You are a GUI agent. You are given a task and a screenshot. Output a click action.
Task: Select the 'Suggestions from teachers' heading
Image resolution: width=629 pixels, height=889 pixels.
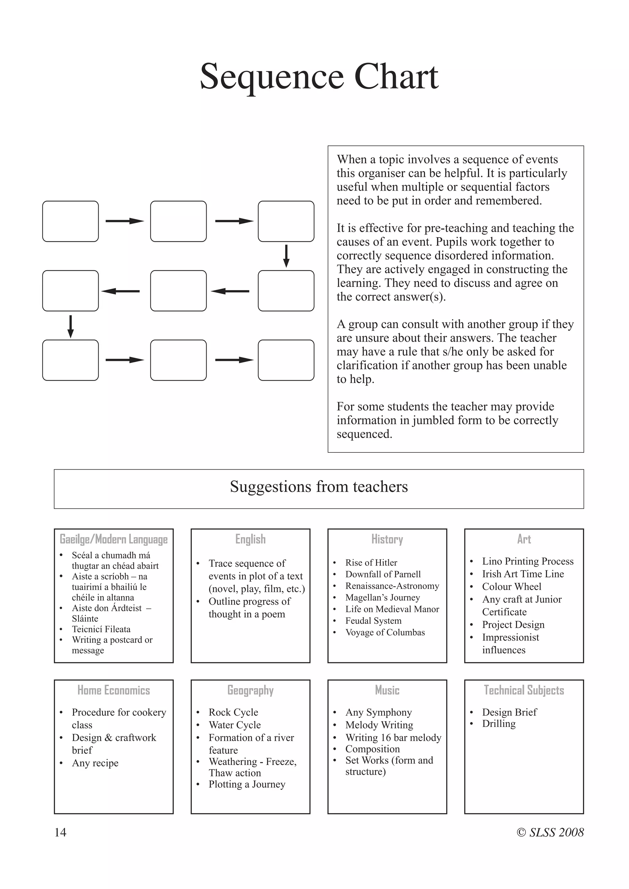[319, 487]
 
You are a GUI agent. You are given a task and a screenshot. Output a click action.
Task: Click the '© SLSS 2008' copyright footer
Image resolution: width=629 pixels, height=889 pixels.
[550, 832]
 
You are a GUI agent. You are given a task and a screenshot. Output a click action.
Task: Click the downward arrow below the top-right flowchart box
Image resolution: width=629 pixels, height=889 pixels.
[286, 256]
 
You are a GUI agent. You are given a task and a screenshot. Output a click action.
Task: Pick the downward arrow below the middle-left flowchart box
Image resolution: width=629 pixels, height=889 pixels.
[71, 326]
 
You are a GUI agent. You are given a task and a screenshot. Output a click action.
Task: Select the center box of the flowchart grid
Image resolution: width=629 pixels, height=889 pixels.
[178, 291]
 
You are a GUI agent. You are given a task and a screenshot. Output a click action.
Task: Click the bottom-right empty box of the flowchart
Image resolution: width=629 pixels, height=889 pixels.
[286, 360]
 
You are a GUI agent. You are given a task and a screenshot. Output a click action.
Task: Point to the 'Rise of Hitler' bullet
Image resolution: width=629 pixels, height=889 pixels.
[371, 563]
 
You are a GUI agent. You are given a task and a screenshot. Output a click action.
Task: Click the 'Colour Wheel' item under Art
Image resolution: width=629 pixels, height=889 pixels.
[511, 587]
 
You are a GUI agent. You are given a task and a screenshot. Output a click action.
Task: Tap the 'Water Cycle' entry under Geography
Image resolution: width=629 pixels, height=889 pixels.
[234, 725]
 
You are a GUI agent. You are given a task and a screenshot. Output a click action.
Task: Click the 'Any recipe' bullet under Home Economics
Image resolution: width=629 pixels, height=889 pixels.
[95, 763]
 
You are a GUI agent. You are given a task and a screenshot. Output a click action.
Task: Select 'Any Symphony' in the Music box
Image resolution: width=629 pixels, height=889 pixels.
[378, 712]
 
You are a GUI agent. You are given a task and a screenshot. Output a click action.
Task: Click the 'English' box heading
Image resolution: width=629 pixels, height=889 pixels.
[250, 539]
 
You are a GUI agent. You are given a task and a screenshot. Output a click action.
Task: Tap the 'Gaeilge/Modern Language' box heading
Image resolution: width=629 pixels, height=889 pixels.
[113, 539]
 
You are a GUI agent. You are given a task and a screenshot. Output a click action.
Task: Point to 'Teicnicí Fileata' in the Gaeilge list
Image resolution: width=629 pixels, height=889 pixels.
[101, 629]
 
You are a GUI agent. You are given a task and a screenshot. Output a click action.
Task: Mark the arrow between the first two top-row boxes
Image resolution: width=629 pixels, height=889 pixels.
[124, 221]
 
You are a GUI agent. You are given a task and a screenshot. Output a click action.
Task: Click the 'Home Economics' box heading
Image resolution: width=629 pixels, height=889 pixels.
[113, 690]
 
